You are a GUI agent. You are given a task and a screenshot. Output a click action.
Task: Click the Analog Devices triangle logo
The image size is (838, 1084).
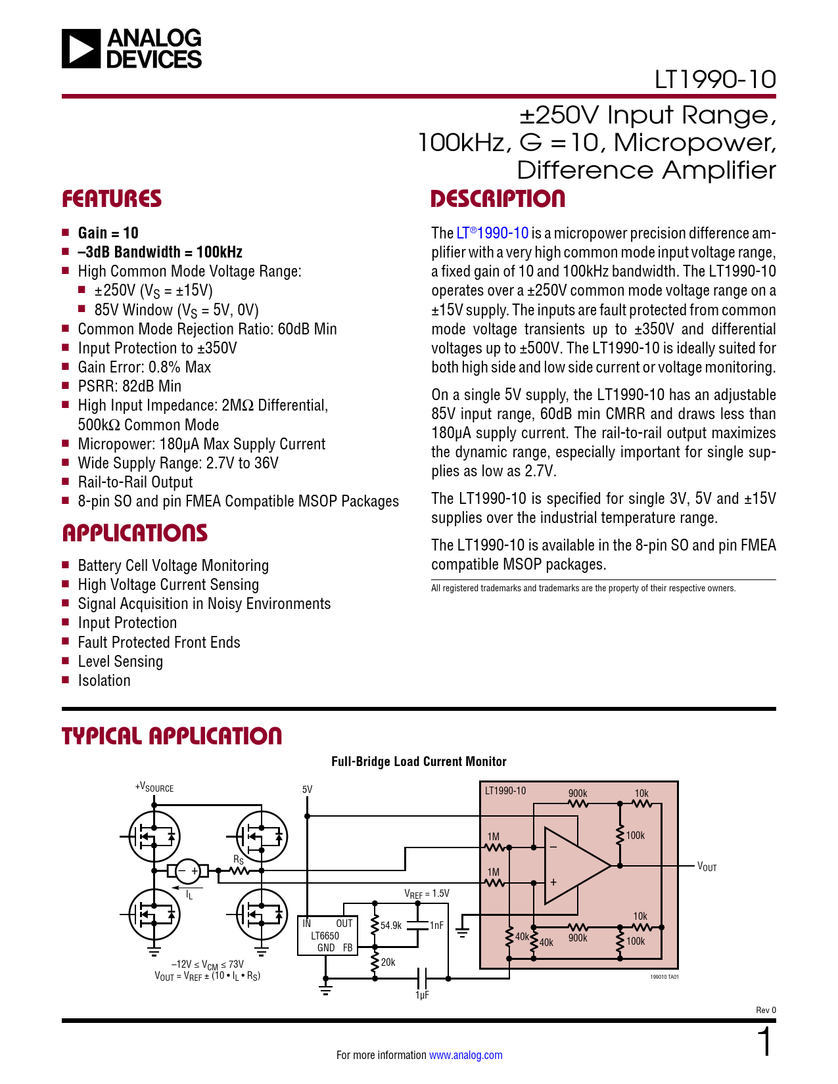[81, 49]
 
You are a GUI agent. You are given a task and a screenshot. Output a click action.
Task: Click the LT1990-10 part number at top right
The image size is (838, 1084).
[714, 80]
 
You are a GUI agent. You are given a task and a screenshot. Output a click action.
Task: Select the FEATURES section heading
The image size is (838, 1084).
[112, 199]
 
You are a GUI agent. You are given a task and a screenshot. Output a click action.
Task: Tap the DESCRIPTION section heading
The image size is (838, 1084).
[498, 199]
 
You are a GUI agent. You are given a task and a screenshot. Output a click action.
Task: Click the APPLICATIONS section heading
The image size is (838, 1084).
[135, 533]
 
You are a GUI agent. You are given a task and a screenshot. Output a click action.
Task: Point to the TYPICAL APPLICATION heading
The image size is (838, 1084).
[172, 736]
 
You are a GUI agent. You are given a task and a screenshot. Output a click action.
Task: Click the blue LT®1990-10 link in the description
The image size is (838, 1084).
[492, 233]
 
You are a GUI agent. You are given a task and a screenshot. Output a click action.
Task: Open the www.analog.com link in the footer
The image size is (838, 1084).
[465, 1055]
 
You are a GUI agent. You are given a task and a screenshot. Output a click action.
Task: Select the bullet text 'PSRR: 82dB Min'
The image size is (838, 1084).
[129, 386]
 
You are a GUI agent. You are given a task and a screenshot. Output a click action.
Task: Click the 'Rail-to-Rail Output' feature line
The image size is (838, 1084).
[135, 482]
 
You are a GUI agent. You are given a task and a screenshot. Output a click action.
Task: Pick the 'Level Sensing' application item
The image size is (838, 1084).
[120, 662]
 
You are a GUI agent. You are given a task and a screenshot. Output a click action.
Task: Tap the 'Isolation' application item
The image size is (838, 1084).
[104, 681]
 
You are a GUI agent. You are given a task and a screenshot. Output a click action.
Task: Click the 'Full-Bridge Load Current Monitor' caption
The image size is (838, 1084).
[419, 761]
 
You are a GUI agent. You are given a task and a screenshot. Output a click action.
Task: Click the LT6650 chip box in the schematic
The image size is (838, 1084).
[327, 935]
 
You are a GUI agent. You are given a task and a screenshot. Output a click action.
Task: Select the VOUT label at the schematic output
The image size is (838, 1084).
[707, 867]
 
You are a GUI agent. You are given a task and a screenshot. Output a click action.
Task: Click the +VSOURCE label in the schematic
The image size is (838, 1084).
[154, 788]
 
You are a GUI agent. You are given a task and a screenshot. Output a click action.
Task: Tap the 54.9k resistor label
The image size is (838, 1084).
[390, 926]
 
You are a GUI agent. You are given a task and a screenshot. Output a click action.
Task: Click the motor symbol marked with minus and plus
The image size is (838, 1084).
[188, 871]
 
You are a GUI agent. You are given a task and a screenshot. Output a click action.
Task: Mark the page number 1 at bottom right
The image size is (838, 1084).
[765, 1043]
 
